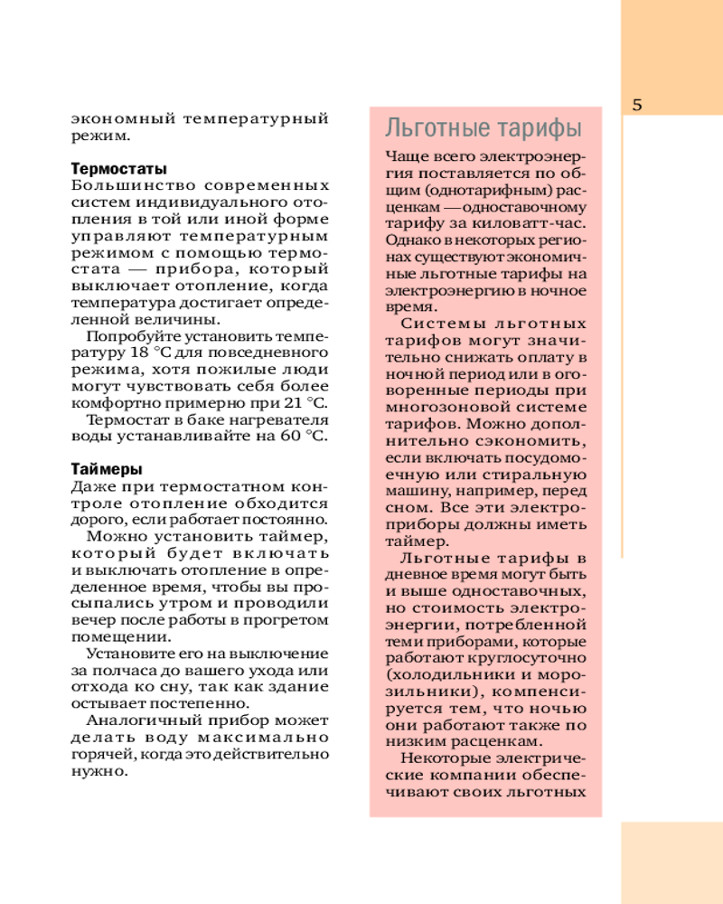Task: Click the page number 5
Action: pos(637,104)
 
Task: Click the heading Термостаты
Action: pos(106,168)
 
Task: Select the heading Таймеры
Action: pos(99,469)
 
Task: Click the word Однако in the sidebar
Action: pos(407,240)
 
